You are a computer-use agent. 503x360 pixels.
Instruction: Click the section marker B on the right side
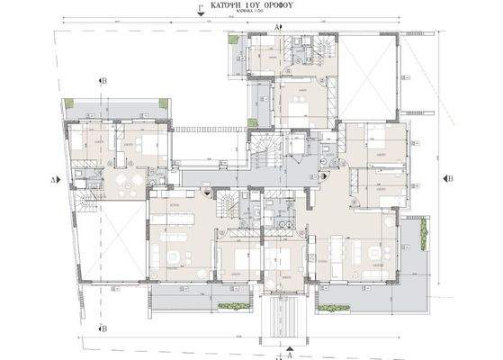pos(450,179)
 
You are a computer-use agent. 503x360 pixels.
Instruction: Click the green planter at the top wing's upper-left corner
pos(233,40)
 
